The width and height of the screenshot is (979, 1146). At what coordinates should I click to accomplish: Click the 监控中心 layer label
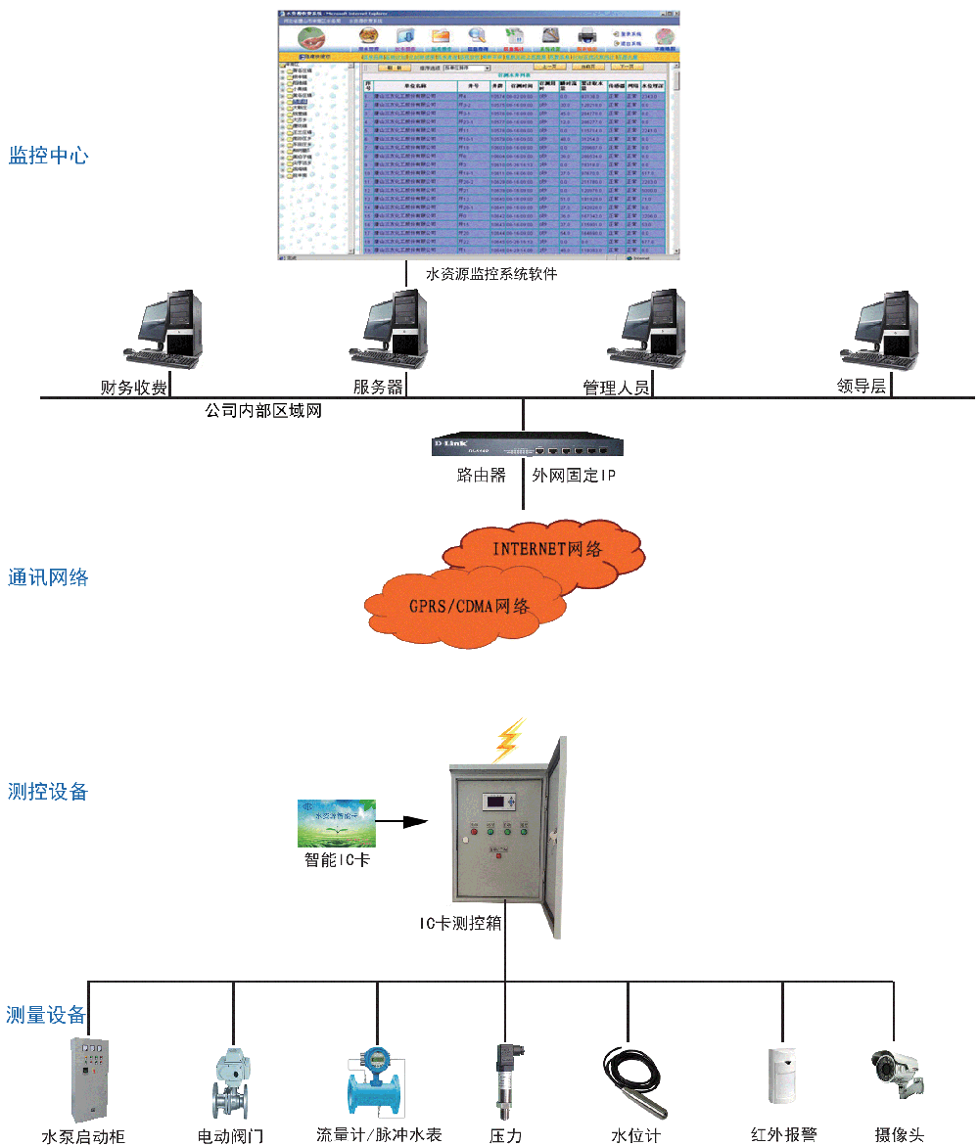point(49,156)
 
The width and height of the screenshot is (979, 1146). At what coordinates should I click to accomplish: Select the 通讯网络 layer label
point(49,577)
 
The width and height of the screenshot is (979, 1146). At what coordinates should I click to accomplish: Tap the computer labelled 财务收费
point(164,329)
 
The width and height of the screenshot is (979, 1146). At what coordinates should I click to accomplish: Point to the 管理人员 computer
point(648,329)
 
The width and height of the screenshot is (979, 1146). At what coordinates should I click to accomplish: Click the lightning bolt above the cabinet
point(508,741)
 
